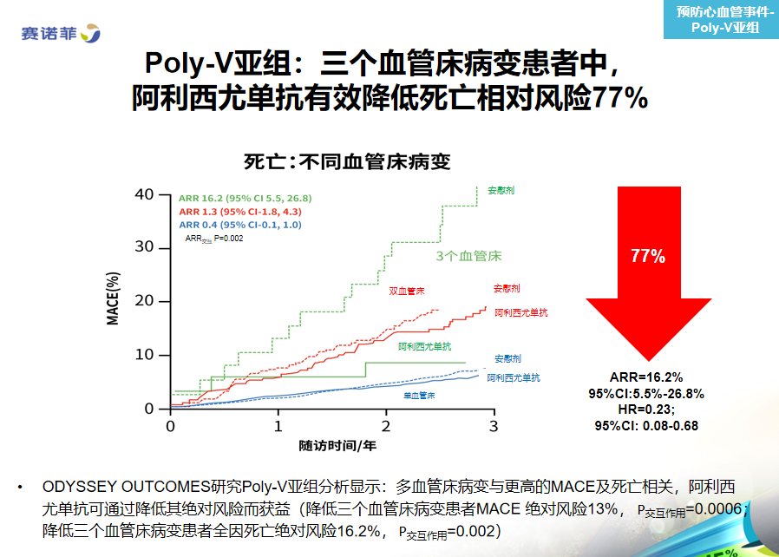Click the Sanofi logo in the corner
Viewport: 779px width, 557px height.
(61, 33)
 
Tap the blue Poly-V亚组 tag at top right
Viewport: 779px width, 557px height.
(722, 19)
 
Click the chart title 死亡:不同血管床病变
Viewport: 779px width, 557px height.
(347, 162)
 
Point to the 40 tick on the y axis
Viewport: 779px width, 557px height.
(144, 194)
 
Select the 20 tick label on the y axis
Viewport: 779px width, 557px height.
(144, 300)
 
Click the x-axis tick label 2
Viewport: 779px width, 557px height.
(386, 426)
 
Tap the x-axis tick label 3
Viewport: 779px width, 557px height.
(494, 426)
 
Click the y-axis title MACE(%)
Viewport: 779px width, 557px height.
(113, 298)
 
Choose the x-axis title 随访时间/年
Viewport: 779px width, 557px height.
(337, 446)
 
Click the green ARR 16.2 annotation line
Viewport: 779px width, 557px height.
(245, 199)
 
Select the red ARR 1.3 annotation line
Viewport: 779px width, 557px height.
(240, 212)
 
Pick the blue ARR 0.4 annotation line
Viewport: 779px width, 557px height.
(240, 225)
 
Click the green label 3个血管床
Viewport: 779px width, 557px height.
(469, 256)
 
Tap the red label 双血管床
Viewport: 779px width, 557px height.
(406, 292)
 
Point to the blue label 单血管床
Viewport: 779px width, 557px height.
(419, 396)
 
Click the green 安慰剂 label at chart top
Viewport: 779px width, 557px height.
(501, 190)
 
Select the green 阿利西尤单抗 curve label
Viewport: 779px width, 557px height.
(425, 346)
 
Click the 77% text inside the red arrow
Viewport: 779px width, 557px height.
(648, 256)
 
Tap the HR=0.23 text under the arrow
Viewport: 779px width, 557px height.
(646, 410)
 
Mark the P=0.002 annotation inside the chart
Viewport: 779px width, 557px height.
(228, 239)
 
